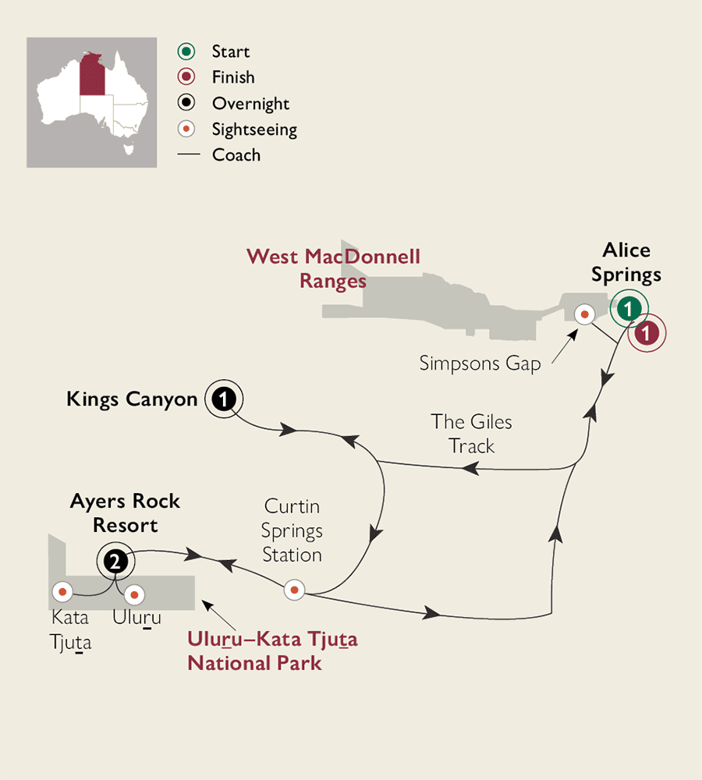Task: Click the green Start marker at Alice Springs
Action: pos(627,309)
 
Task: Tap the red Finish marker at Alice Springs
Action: pos(647,333)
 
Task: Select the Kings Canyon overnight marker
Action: pos(224,399)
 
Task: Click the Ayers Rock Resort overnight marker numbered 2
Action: pos(115,560)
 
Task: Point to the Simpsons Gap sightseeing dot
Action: pos(584,314)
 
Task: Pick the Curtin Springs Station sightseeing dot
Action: pos(294,590)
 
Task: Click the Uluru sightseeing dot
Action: pos(134,594)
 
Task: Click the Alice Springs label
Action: pos(626,262)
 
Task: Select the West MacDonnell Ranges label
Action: pos(333,268)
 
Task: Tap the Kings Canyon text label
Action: pos(133,399)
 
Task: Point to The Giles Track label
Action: pos(472,434)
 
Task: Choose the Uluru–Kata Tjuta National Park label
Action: pos(272,652)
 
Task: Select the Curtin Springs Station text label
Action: pos(292,531)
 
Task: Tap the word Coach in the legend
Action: pos(236,154)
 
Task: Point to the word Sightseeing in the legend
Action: pos(254,129)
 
